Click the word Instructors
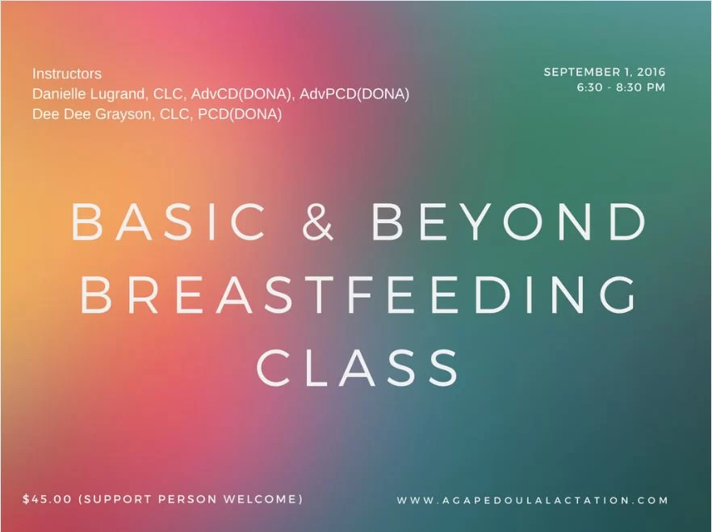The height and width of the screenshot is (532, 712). click(x=67, y=74)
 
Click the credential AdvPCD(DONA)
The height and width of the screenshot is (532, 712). click(x=354, y=94)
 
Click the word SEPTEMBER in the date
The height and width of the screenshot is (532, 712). click(x=583, y=72)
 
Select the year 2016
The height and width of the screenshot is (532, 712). click(x=651, y=72)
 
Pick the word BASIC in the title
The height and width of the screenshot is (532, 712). click(x=169, y=222)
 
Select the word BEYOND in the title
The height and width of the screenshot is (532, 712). click(x=509, y=222)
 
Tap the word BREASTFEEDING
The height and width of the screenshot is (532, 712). click(x=358, y=294)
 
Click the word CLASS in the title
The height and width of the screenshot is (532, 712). click(x=358, y=367)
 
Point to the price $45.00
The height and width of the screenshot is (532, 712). click(x=47, y=499)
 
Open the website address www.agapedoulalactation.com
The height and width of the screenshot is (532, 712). click(x=532, y=500)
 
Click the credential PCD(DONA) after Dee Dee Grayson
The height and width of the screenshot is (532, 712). click(x=240, y=114)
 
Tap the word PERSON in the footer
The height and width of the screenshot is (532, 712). click(x=188, y=499)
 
